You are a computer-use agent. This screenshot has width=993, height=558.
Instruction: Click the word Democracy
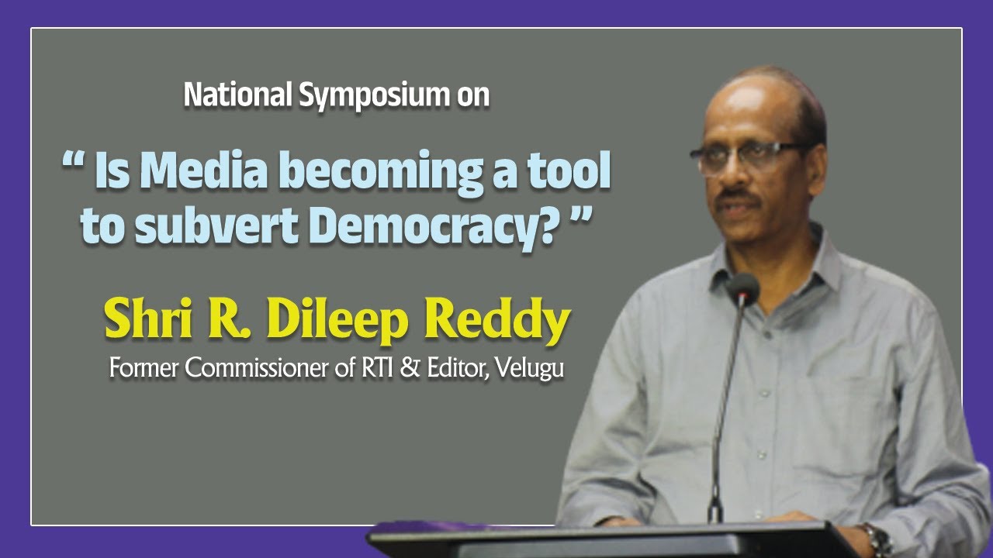[x=415, y=227]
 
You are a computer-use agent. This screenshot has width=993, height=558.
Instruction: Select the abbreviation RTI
[x=378, y=367]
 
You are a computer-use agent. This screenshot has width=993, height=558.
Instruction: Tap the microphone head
[x=742, y=288]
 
